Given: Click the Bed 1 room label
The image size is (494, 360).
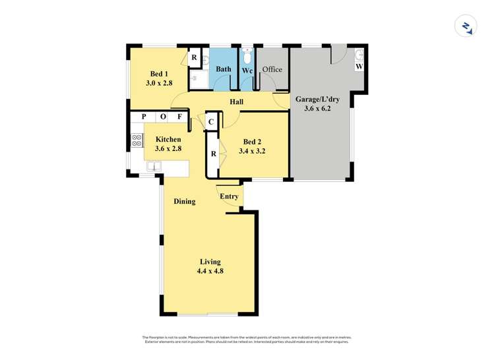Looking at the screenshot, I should (158, 73).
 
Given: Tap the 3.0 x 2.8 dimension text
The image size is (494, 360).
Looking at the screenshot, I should (158, 83).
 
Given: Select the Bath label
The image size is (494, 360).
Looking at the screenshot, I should (224, 69).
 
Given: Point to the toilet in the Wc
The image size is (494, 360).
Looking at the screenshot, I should (247, 53).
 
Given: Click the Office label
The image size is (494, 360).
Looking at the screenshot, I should (272, 69).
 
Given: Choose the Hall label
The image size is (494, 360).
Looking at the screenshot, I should (236, 102).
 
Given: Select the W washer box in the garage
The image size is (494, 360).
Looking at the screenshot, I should (359, 67).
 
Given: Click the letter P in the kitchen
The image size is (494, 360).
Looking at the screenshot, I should (143, 117).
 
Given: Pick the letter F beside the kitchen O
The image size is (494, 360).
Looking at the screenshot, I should (179, 117).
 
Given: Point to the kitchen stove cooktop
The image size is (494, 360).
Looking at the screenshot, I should (137, 140).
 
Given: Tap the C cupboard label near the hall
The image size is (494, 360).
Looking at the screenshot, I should (210, 121).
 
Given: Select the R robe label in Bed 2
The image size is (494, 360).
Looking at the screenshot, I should (213, 154).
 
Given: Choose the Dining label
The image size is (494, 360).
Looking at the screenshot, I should (184, 201).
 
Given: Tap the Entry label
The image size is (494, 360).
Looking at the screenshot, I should (229, 196).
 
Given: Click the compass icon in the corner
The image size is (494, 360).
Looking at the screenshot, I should (466, 26).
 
